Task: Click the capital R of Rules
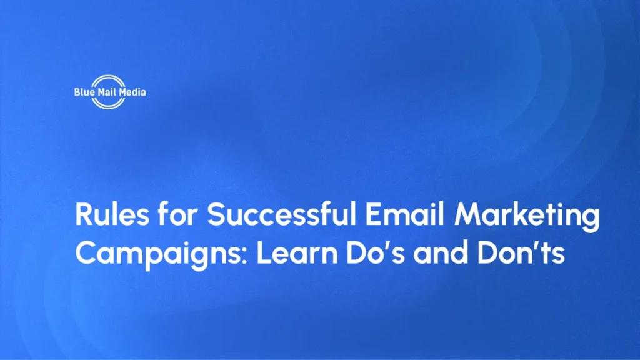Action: pyautogui.click(x=84, y=216)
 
